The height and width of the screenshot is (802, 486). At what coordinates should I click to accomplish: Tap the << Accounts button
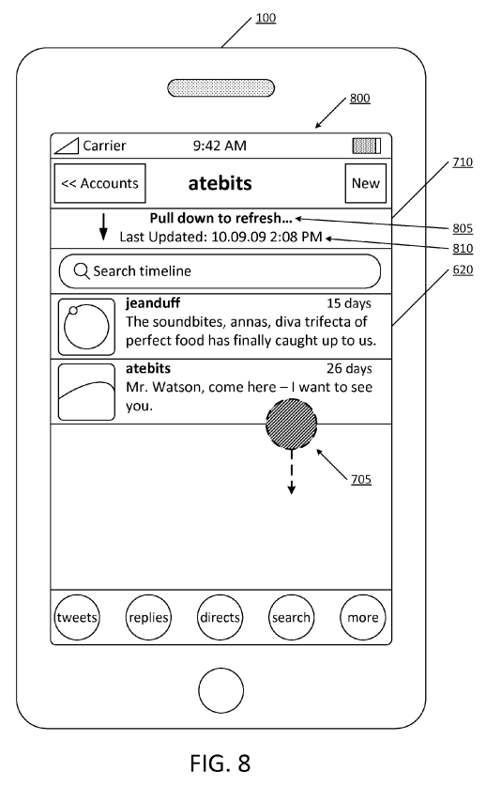pyautogui.click(x=100, y=183)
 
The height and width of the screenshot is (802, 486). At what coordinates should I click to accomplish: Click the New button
pyautogui.click(x=365, y=183)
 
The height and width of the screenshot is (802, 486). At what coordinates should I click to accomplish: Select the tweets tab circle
pyautogui.click(x=77, y=617)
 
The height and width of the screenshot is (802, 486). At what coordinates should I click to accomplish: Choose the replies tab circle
pyautogui.click(x=148, y=617)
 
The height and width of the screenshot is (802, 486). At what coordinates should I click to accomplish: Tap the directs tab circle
pyautogui.click(x=220, y=617)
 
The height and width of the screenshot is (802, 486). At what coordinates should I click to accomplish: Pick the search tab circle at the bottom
pyautogui.click(x=291, y=617)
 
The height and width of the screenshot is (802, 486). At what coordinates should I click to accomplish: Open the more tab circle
pyautogui.click(x=363, y=617)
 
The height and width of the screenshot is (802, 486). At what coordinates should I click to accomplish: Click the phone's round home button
pyautogui.click(x=220, y=690)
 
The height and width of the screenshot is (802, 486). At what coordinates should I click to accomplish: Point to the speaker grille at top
pyautogui.click(x=220, y=88)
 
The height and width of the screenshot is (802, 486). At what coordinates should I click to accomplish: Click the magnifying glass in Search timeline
pyautogui.click(x=82, y=271)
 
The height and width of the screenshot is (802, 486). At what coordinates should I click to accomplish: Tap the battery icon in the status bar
pyautogui.click(x=367, y=146)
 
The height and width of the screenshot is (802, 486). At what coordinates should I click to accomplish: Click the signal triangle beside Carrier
pyautogui.click(x=67, y=146)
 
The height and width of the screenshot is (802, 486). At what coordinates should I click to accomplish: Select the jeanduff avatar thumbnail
pyautogui.click(x=86, y=327)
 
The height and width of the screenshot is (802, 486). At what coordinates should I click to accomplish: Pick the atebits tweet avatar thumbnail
pyautogui.click(x=86, y=392)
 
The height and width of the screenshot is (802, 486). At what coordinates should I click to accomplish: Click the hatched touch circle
pyautogui.click(x=291, y=424)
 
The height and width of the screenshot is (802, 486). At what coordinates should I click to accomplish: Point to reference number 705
pyautogui.click(x=361, y=479)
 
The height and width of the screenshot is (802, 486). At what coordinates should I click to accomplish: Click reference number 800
pyautogui.click(x=359, y=99)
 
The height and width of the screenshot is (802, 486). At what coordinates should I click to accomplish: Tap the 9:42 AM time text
pyautogui.click(x=220, y=146)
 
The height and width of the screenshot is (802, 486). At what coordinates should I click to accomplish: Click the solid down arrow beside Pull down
pyautogui.click(x=103, y=227)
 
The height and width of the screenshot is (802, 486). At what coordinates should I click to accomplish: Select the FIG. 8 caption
pyautogui.click(x=220, y=763)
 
